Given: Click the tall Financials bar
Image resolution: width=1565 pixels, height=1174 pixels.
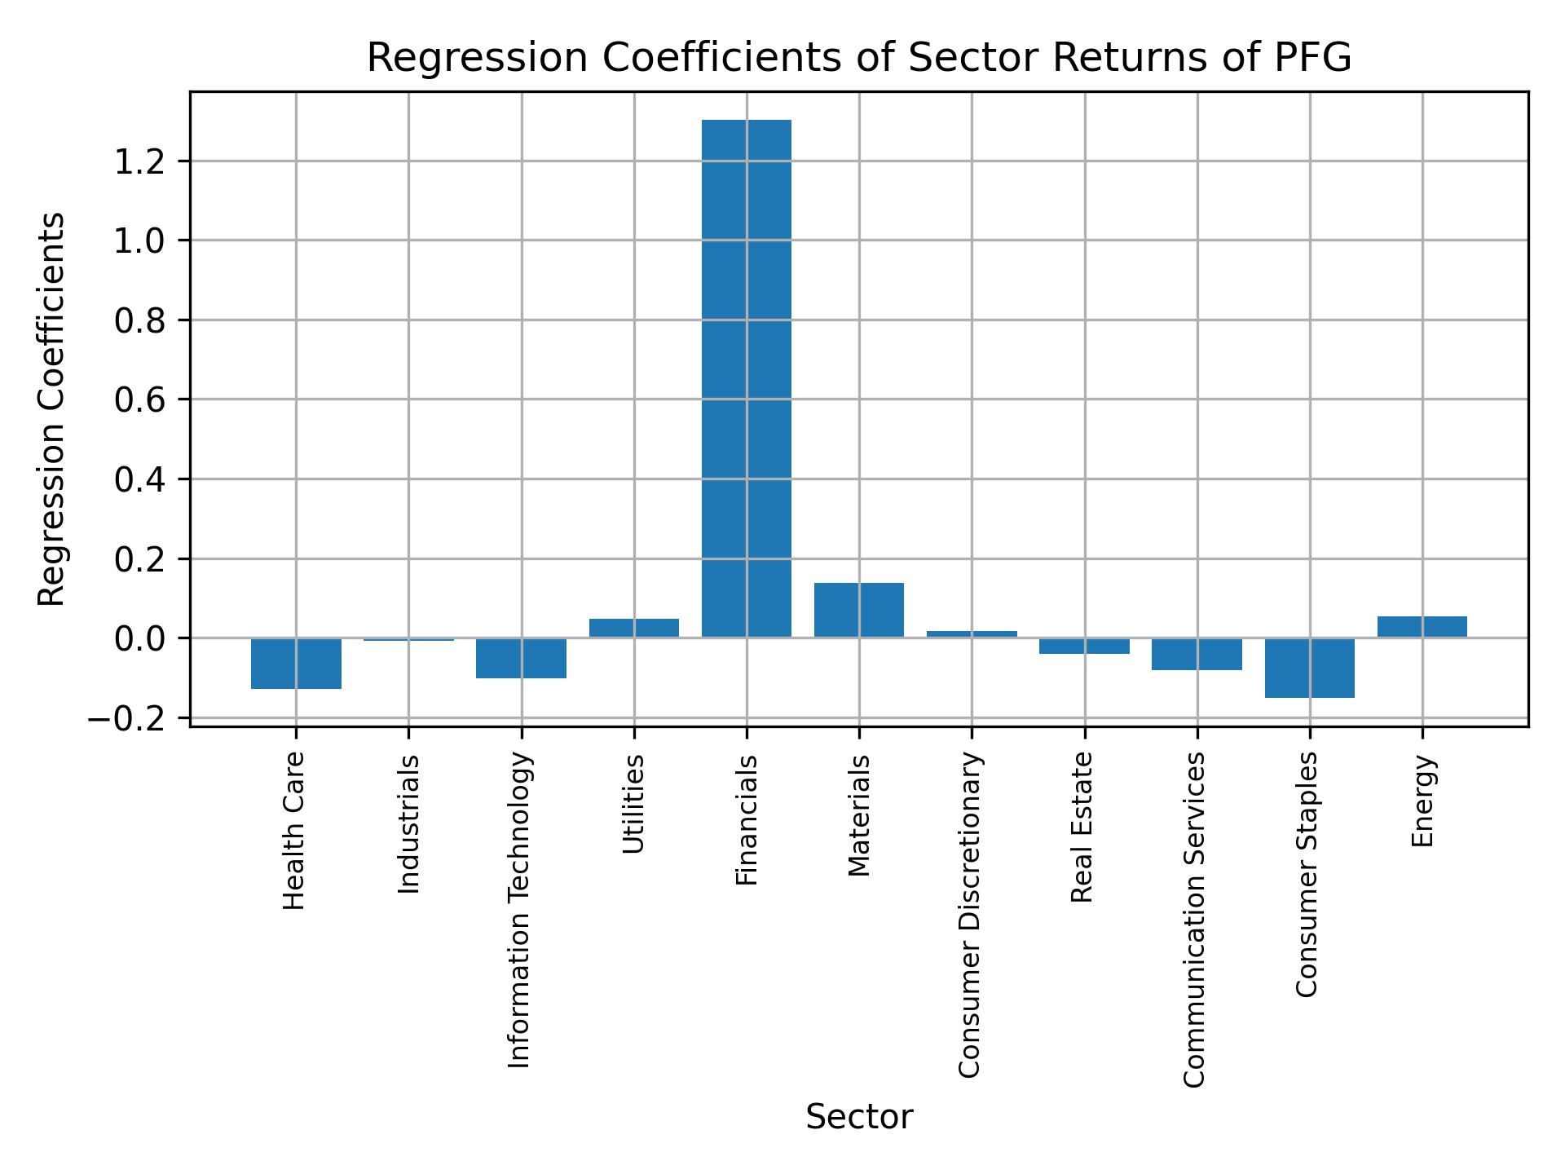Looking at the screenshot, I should (746, 378).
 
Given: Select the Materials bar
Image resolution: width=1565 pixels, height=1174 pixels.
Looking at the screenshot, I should (858, 610).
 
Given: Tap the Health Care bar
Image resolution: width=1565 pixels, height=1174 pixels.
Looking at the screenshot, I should (296, 664).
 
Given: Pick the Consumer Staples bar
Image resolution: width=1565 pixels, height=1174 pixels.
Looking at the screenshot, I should (1309, 668).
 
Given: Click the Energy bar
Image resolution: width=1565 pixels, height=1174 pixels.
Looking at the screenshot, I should (1422, 627).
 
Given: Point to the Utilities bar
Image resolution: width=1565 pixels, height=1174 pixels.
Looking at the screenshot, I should (633, 628).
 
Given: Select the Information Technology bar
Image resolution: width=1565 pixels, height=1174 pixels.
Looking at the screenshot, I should (521, 658).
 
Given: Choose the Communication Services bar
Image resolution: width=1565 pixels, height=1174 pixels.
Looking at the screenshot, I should (1197, 654).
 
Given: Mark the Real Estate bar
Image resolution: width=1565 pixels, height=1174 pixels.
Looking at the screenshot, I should (1084, 646).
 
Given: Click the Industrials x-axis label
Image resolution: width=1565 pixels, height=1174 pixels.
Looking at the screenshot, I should (409, 823).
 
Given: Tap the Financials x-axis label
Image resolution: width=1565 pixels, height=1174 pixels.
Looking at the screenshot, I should (747, 819).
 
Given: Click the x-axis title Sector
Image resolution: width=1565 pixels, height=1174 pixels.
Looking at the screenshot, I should (859, 1117).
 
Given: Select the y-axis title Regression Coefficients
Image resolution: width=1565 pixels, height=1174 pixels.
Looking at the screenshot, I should (52, 408).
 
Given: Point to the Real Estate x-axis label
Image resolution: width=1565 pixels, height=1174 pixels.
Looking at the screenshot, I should (1082, 827).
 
